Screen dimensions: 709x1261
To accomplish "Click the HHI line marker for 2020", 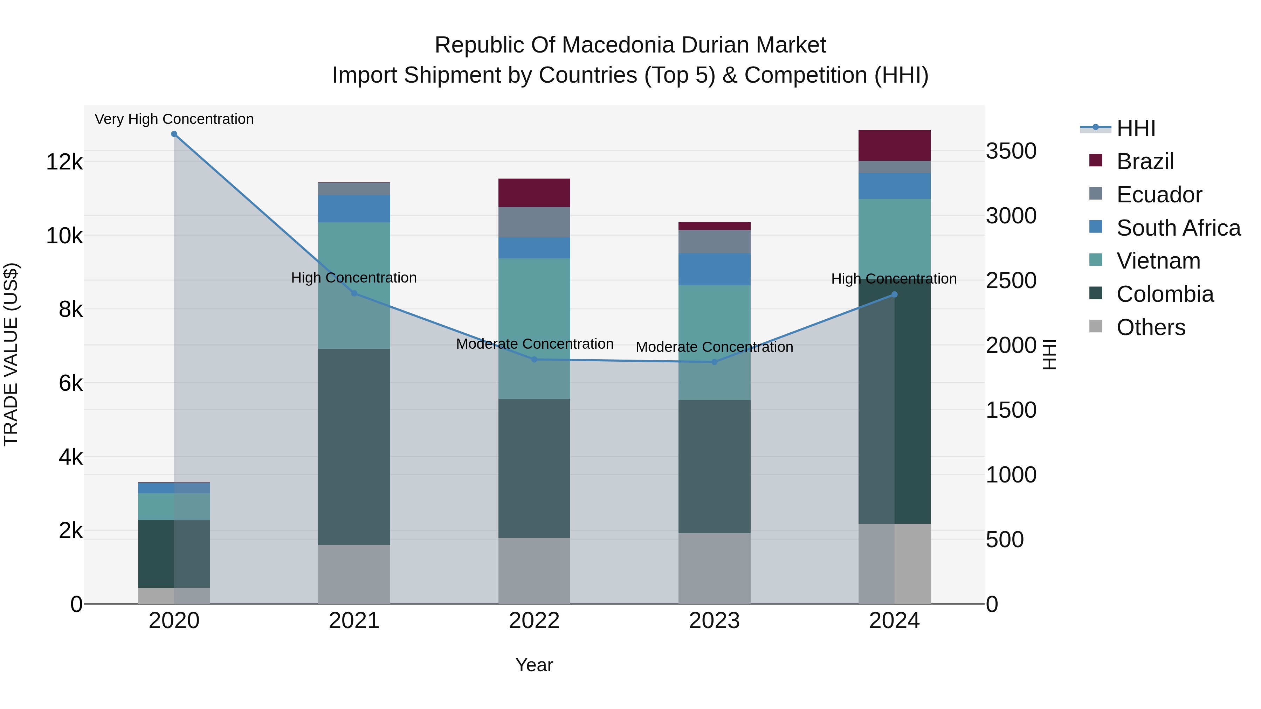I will [174, 134].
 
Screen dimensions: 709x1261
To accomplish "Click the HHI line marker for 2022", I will [534, 360].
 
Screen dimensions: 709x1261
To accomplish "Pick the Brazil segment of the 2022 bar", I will [534, 193].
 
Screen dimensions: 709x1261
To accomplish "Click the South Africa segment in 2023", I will [714, 269].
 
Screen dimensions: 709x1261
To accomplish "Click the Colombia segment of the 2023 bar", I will [714, 466].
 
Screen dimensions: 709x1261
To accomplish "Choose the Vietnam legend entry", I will [1158, 261].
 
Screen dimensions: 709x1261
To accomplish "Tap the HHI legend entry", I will [1136, 128].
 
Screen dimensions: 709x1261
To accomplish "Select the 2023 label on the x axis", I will [714, 621].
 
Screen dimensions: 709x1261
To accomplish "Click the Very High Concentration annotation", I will [174, 119].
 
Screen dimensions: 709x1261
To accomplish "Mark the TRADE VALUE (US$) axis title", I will [11, 354].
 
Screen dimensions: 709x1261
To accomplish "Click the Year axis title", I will [534, 665].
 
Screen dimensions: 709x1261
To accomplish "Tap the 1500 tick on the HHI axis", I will [1011, 410].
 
